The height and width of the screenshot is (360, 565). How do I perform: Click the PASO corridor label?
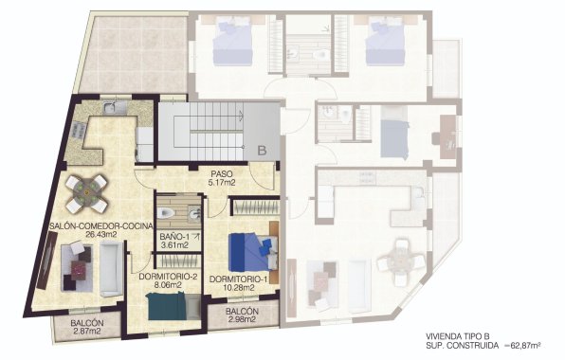[221, 171]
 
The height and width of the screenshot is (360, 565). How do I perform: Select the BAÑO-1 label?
[173, 236]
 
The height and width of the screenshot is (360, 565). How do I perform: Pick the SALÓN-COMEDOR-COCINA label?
[92, 225]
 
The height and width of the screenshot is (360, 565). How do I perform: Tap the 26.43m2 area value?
[92, 234]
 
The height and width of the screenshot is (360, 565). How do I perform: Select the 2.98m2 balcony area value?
[245, 320]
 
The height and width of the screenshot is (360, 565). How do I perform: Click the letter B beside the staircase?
[261, 151]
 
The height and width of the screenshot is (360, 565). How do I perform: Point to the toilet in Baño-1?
[164, 212]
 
